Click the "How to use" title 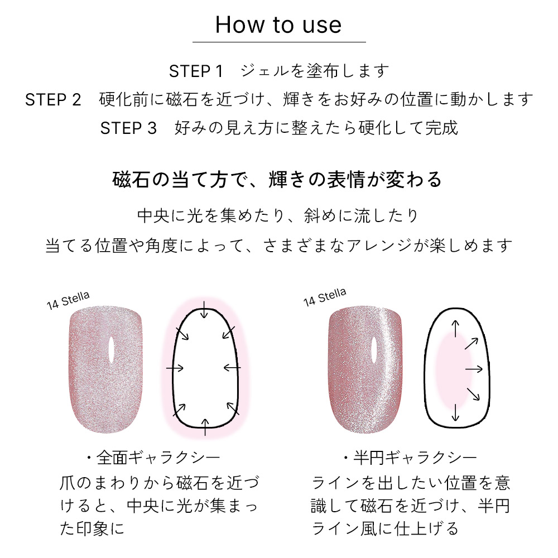(278, 25)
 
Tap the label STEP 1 (196, 71)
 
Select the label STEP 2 (53, 100)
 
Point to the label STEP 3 (128, 128)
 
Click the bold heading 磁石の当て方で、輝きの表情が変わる (277, 179)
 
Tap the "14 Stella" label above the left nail (68, 300)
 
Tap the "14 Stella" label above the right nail (325, 297)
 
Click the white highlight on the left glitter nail (112, 350)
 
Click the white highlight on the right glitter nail (374, 350)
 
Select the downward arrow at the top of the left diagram (204, 310)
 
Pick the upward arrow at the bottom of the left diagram (205, 427)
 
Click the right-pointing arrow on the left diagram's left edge (175, 368)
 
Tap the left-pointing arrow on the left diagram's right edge (232, 367)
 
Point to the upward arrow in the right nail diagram (455, 329)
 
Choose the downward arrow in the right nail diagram (456, 413)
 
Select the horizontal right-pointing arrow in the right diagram (474, 369)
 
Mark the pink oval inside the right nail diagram (450, 370)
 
